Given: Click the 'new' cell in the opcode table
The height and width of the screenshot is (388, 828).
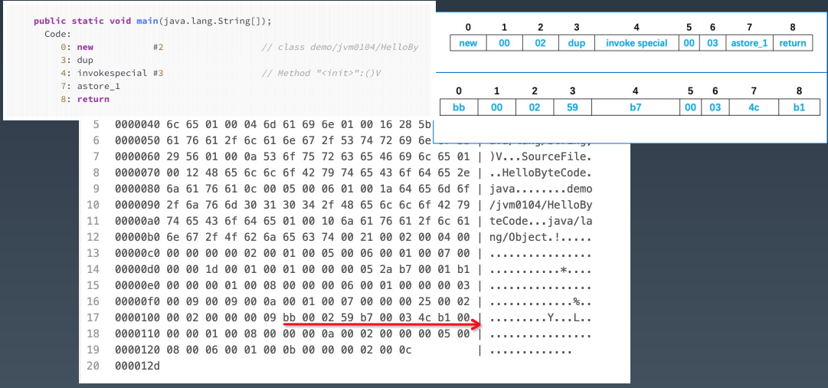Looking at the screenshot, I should (468, 43).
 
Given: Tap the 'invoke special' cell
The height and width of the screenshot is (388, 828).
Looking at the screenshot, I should (637, 43).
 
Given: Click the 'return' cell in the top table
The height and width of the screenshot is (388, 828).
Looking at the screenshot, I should (792, 43).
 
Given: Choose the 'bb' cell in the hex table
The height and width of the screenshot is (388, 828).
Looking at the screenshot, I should (459, 107).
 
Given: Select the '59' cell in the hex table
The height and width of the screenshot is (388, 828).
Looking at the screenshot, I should (572, 107).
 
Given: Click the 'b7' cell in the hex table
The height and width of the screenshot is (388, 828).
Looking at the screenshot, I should (636, 107).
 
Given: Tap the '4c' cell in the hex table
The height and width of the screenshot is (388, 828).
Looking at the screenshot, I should (754, 107).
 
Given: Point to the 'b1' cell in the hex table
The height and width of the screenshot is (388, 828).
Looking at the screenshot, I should (799, 107).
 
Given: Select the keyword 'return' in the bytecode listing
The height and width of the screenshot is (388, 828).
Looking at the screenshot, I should (93, 99).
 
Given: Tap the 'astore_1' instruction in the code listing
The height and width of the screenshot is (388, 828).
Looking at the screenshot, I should (99, 86).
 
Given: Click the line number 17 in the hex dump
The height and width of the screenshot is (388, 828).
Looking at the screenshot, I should (93, 317).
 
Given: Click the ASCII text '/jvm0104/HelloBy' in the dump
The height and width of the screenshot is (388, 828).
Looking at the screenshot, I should (541, 205).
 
